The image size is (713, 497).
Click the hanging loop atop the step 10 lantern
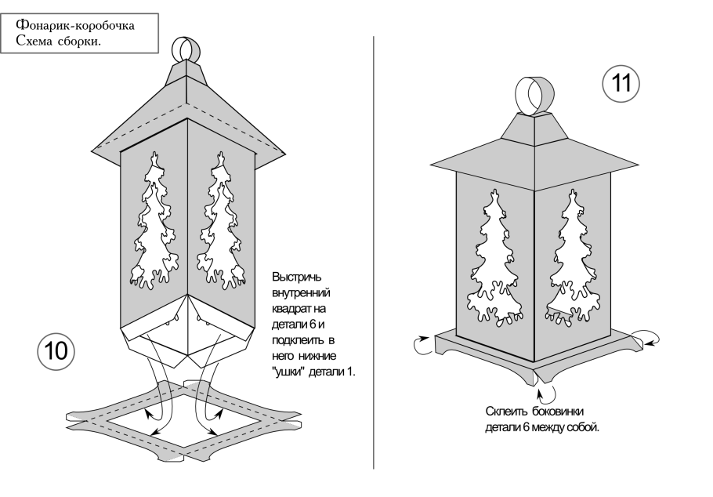[x=186, y=49]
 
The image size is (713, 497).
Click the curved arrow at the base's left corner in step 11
[x=423, y=343]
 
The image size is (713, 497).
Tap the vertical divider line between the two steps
[x=373, y=251]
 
